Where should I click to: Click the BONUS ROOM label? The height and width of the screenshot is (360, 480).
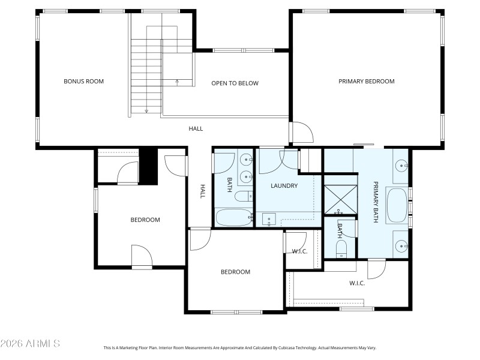pos(84,81)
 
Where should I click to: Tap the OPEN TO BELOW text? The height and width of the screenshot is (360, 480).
pos(235,83)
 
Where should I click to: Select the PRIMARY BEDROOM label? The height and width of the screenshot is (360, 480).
pos(366,81)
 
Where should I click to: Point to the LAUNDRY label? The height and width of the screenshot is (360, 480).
pos(284,186)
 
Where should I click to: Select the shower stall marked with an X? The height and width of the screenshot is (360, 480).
pos(339,200)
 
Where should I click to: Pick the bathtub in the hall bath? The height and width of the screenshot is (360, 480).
pos(233,217)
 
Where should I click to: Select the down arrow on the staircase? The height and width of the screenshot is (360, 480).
pos(146,110)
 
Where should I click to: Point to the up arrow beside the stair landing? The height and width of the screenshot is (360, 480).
pos(176,80)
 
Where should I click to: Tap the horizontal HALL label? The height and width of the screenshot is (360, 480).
pos(196,128)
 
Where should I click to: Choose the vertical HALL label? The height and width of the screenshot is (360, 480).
pos(203,191)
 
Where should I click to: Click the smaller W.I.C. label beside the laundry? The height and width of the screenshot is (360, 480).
pos(299,251)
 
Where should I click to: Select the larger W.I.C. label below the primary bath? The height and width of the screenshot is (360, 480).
pos(357,283)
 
